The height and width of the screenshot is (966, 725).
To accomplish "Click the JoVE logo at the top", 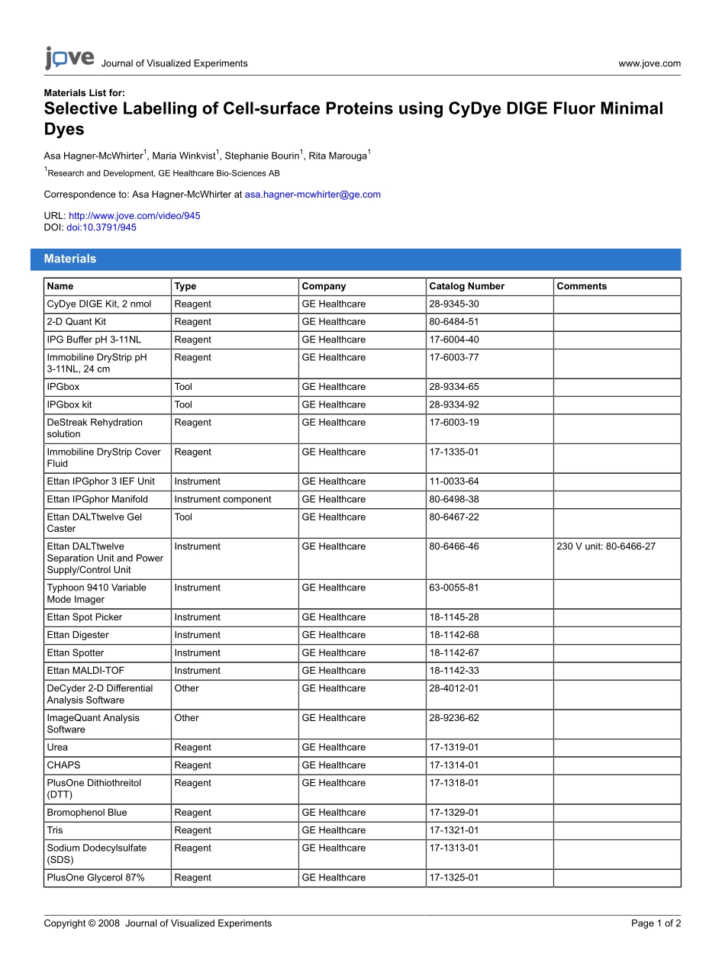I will click(69, 59).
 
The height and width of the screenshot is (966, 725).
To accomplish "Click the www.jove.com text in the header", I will click(649, 63).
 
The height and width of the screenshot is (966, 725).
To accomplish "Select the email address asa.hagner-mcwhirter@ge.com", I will click(312, 195).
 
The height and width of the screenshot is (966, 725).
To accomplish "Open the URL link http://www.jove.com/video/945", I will click(134, 216).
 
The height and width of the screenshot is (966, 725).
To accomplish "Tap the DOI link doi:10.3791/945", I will click(101, 227).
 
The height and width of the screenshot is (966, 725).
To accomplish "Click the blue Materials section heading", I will click(70, 259).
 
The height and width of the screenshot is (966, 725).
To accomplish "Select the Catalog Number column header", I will click(466, 286).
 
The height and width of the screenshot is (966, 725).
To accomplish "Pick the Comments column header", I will click(582, 286).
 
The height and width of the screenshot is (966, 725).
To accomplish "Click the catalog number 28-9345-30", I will click(454, 304).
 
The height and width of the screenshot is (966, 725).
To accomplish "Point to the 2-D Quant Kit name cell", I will click(76, 322).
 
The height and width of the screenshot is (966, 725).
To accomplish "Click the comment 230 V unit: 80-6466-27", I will click(606, 546).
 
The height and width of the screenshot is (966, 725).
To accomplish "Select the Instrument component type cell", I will click(222, 499).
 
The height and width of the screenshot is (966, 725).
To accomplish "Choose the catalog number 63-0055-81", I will click(454, 588).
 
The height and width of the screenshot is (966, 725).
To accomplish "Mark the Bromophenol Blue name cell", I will click(87, 813).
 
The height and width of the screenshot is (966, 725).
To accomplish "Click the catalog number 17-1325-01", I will click(454, 877).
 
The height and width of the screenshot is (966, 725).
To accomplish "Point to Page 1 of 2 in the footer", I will click(656, 923).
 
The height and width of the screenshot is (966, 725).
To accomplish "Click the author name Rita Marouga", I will click(337, 156).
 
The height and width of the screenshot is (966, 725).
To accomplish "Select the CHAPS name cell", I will click(63, 765).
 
